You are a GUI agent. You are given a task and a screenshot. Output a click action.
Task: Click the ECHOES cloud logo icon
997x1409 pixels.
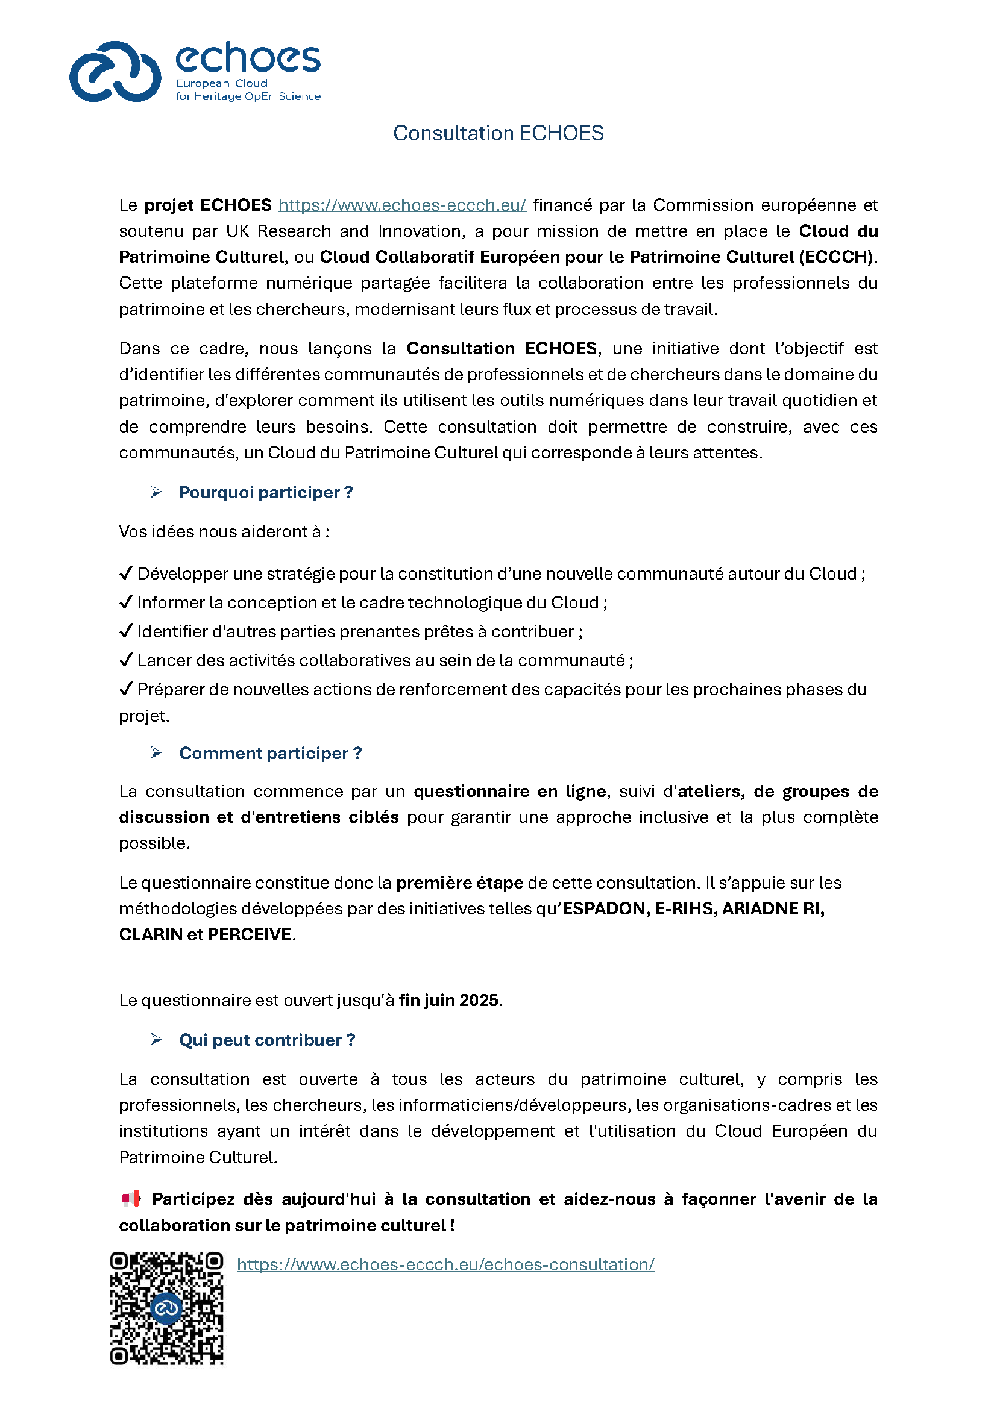115,72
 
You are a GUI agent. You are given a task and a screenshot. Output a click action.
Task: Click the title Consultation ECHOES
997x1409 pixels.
498,133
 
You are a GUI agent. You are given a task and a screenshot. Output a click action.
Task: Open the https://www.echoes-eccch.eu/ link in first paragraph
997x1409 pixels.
402,205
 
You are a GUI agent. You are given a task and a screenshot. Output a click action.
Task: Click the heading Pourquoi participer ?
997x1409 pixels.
266,492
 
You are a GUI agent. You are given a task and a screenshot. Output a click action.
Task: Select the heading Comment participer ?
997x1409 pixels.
270,753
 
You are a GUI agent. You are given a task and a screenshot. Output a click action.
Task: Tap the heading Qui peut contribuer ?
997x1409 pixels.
267,1040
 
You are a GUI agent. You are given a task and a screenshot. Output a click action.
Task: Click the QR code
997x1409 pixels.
166,1308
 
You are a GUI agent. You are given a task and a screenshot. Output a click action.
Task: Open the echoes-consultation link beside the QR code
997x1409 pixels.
445,1264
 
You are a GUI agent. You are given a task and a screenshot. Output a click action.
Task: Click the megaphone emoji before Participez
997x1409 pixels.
131,1198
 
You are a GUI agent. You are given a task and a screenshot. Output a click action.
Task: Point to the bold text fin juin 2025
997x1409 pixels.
449,1001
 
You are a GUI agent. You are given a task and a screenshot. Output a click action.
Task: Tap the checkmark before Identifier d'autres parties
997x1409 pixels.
126,631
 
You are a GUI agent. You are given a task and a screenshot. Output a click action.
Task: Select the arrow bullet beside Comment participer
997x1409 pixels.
156,752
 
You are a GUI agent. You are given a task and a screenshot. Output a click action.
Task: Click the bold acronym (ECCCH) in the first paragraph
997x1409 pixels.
835,257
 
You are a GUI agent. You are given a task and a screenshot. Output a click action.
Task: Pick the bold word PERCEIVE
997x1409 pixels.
250,934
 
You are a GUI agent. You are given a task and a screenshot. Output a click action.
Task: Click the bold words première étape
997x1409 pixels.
459,883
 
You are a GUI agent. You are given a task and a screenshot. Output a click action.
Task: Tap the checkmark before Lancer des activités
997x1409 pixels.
126,660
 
